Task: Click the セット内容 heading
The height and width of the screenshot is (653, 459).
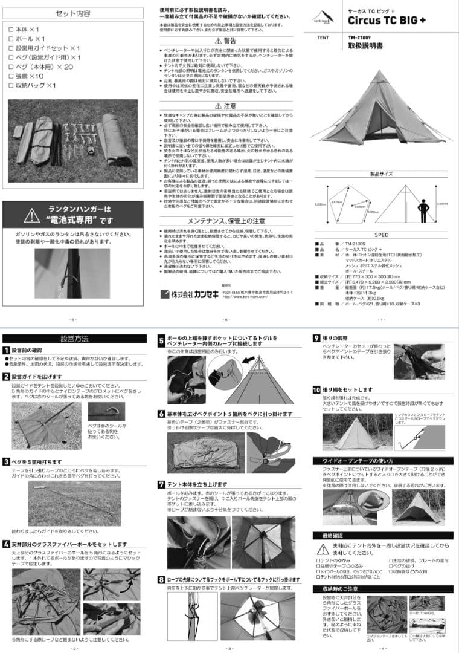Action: click(73, 13)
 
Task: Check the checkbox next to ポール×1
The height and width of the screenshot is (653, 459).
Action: click(11, 39)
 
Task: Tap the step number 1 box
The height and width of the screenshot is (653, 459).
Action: click(6, 350)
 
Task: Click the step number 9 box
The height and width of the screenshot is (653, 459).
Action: click(316, 338)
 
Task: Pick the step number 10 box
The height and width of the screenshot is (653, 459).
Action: click(316, 390)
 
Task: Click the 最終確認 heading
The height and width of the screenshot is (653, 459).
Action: click(328, 536)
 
